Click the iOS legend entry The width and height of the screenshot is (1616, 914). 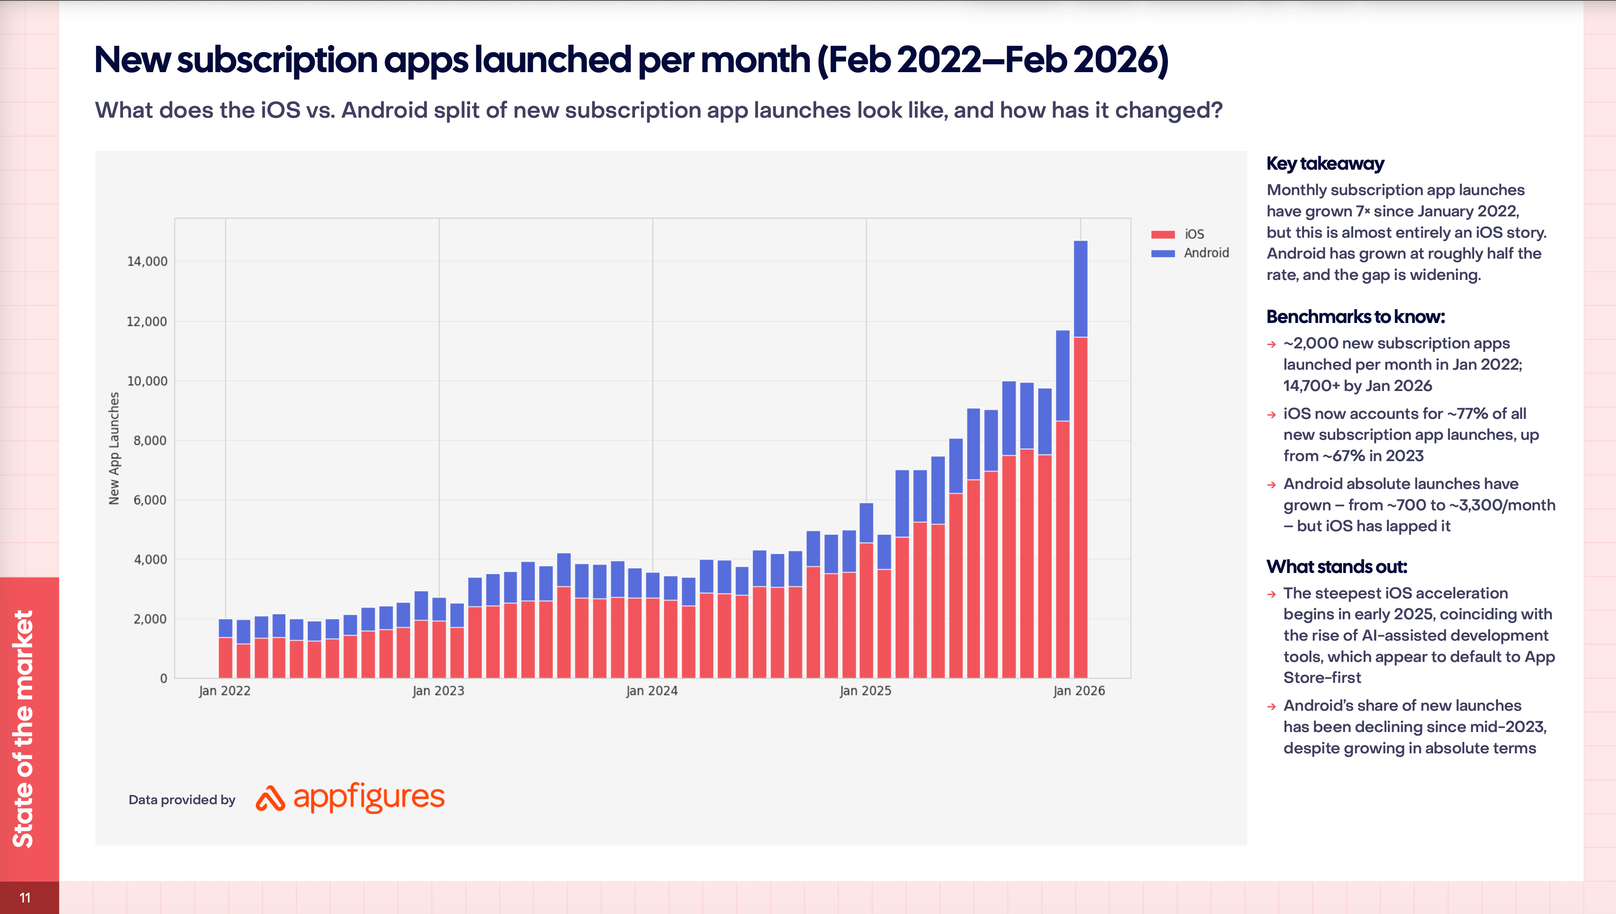pyautogui.click(x=1193, y=234)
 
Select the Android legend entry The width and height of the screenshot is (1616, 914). pyautogui.click(x=1205, y=253)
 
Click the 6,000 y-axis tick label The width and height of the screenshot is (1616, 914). pyautogui.click(x=149, y=500)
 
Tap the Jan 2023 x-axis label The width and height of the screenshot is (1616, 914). pyautogui.click(x=438, y=691)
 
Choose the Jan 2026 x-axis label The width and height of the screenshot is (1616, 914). pyautogui.click(x=1079, y=691)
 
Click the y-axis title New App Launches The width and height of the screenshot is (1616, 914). pyautogui.click(x=114, y=448)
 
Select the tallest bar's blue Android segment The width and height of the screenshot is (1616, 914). pyautogui.click(x=1081, y=289)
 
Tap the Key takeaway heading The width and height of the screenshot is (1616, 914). pyautogui.click(x=1325, y=164)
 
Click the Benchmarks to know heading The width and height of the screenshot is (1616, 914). pyautogui.click(x=1355, y=317)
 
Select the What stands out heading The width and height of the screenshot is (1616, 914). pyautogui.click(x=1336, y=567)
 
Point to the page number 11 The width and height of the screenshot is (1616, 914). pyautogui.click(x=25, y=898)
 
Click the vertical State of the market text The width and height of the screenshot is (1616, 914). pyautogui.click(x=24, y=728)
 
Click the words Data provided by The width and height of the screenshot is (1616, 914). pyautogui.click(x=182, y=800)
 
